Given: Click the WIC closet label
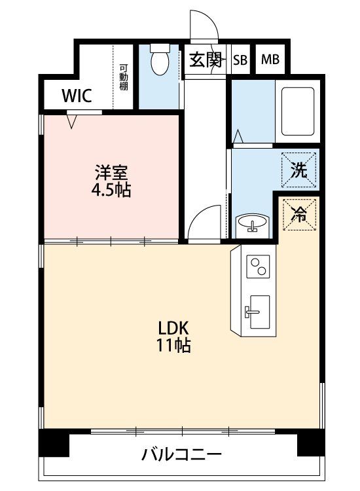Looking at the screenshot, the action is (x=77, y=96).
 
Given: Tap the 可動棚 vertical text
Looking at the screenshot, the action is (x=123, y=77).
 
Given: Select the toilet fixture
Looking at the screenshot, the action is (x=160, y=60).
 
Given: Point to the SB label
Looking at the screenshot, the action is (x=240, y=60).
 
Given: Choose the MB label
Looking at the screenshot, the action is (x=270, y=59).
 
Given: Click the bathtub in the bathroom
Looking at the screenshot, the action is (x=298, y=111).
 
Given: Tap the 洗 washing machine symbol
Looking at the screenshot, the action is (x=299, y=170).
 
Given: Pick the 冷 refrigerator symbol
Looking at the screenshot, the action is (x=300, y=215).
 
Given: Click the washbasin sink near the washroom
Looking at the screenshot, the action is (x=252, y=223).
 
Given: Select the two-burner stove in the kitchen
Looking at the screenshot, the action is (x=259, y=266).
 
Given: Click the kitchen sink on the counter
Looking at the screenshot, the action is (x=257, y=312).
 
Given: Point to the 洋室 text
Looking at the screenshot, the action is (x=111, y=172).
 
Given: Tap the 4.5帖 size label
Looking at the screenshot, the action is (x=111, y=189).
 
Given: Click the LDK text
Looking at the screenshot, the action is (x=173, y=329).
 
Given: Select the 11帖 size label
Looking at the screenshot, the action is (x=173, y=346).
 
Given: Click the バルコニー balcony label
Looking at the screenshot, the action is (x=181, y=454).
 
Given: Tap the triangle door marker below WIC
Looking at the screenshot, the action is (x=72, y=122).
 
